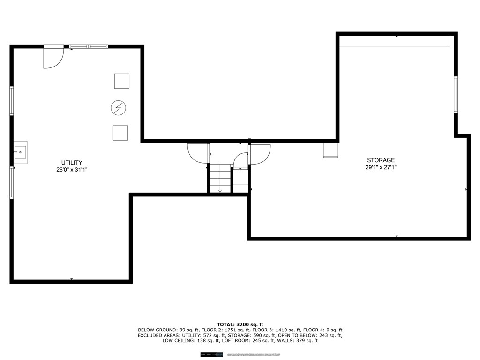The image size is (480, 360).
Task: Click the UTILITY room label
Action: pyautogui.click(x=72, y=163)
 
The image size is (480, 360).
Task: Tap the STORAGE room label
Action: pyautogui.click(x=381, y=160)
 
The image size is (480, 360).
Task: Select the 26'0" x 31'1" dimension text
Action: pyautogui.click(x=72, y=170)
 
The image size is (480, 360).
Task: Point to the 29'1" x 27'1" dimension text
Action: pyautogui.click(x=381, y=167)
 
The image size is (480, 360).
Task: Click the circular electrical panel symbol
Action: pyautogui.click(x=118, y=108)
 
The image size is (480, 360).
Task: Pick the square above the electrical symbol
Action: pyautogui.click(x=122, y=81)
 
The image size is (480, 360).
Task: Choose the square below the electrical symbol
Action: pyautogui.click(x=120, y=133)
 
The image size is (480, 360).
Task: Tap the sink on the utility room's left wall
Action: pyautogui.click(x=20, y=152)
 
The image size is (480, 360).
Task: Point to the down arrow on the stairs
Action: pyautogui.click(x=220, y=191)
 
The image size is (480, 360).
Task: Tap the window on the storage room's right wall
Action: pyautogui.click(x=456, y=95)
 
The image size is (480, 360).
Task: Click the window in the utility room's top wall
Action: pyautogui.click(x=89, y=46)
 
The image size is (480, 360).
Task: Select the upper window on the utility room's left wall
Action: pyautogui.click(x=12, y=101)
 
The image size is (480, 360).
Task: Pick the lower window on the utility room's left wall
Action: pyautogui.click(x=12, y=183)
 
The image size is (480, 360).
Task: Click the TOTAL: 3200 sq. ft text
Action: pyautogui.click(x=240, y=324)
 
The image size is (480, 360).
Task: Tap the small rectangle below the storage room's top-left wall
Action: pyautogui.click(x=330, y=150)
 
